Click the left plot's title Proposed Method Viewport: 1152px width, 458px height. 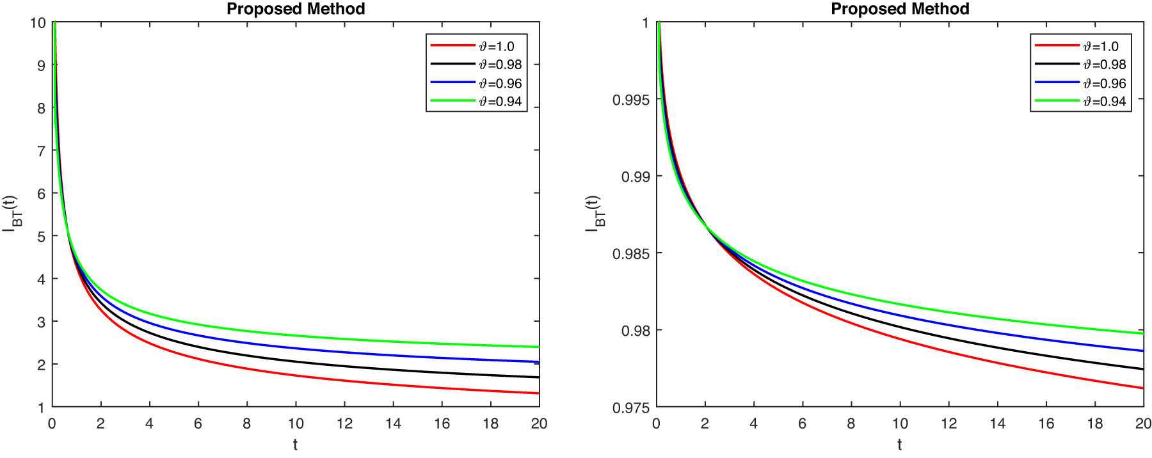point(296,9)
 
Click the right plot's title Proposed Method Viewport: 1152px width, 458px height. point(900,9)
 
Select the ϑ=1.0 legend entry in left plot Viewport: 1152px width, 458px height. point(497,46)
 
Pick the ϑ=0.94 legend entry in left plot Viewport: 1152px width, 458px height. point(500,101)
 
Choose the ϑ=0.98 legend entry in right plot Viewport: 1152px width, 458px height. point(1104,65)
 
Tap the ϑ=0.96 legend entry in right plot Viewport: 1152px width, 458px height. point(1104,83)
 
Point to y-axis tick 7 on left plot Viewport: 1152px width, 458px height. point(41,151)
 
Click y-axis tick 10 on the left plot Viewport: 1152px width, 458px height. point(38,23)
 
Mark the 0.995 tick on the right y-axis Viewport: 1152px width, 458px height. point(630,100)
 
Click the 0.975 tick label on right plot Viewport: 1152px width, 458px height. point(630,407)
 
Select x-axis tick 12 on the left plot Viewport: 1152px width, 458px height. point(344,423)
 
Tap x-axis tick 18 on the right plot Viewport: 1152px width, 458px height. point(1095,423)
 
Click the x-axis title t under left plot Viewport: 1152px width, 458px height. point(295,444)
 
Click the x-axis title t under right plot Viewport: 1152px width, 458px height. point(899,444)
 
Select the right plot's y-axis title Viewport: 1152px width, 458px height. point(594,214)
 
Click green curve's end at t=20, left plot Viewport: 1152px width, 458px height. point(539,347)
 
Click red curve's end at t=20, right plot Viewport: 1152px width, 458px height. point(1142,388)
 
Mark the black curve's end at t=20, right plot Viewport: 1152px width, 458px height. point(1142,369)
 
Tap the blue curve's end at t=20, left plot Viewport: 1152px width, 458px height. point(539,362)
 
